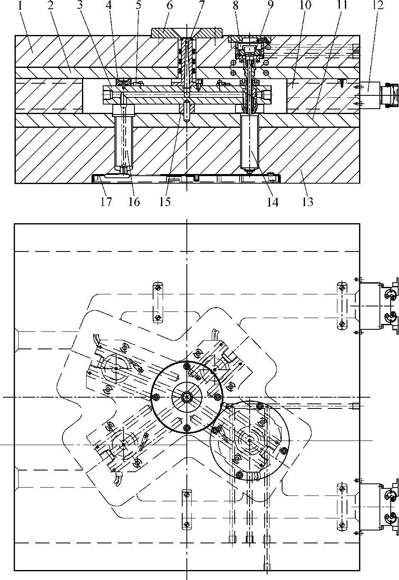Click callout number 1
pos(20,6)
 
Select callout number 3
pos(80,6)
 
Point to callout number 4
pos(109,6)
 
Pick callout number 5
pos(139,6)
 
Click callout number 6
pos(169,6)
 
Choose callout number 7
pos(201,6)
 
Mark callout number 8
pos(235,6)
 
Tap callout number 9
pos(270,6)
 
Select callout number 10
pos(305,6)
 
